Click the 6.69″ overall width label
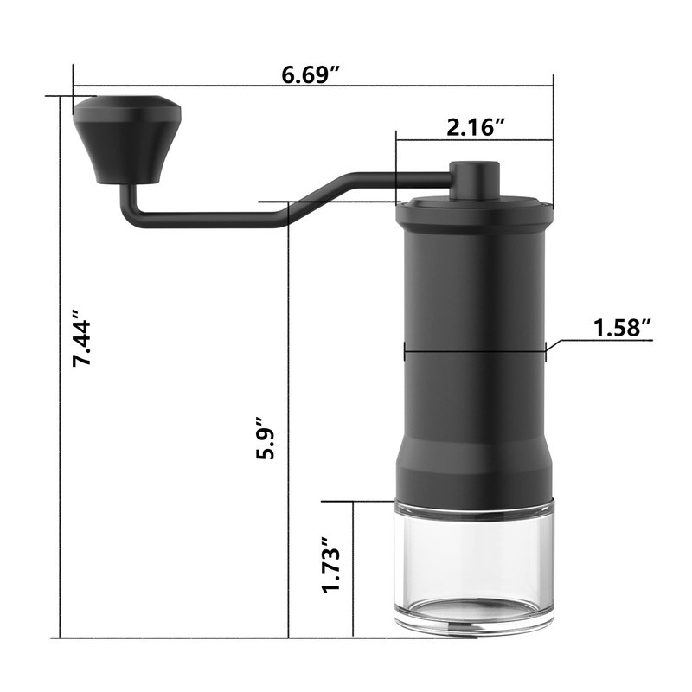(x=311, y=75)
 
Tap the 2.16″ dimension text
(x=476, y=128)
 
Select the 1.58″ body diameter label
(x=623, y=329)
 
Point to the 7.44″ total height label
(x=81, y=338)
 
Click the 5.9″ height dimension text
(x=266, y=438)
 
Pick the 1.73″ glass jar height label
(x=331, y=565)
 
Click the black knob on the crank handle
(x=127, y=139)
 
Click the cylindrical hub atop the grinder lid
(x=475, y=180)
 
